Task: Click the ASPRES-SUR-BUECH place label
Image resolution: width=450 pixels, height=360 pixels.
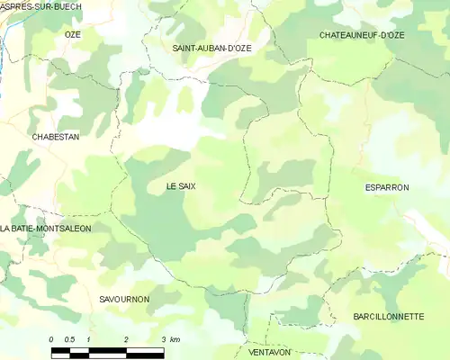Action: click(41, 6)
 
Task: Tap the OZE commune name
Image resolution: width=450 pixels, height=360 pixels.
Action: click(73, 34)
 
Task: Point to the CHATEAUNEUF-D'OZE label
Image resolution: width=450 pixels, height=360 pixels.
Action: click(362, 35)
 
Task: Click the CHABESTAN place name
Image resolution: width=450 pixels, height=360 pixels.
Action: click(56, 137)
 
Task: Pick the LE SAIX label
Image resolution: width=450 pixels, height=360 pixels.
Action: click(181, 186)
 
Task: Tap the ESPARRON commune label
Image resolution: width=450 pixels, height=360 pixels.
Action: click(387, 187)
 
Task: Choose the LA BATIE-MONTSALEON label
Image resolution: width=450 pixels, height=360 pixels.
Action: click(46, 229)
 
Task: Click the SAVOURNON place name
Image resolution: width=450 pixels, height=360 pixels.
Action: click(124, 299)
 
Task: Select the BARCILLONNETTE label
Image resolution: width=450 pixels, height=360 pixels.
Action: click(389, 317)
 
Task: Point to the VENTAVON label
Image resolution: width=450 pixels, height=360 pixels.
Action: click(270, 352)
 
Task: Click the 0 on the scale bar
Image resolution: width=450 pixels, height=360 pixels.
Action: click(51, 339)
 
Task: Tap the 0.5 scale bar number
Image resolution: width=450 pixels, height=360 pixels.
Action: click(69, 339)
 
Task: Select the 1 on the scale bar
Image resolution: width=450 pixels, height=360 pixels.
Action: click(88, 339)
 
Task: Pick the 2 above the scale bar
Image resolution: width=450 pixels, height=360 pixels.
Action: click(126, 339)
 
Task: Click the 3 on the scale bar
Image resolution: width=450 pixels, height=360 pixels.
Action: click(163, 339)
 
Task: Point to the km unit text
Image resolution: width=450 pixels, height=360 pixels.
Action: click(175, 339)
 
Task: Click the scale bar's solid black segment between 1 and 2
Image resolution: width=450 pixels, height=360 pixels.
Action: click(107, 350)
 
